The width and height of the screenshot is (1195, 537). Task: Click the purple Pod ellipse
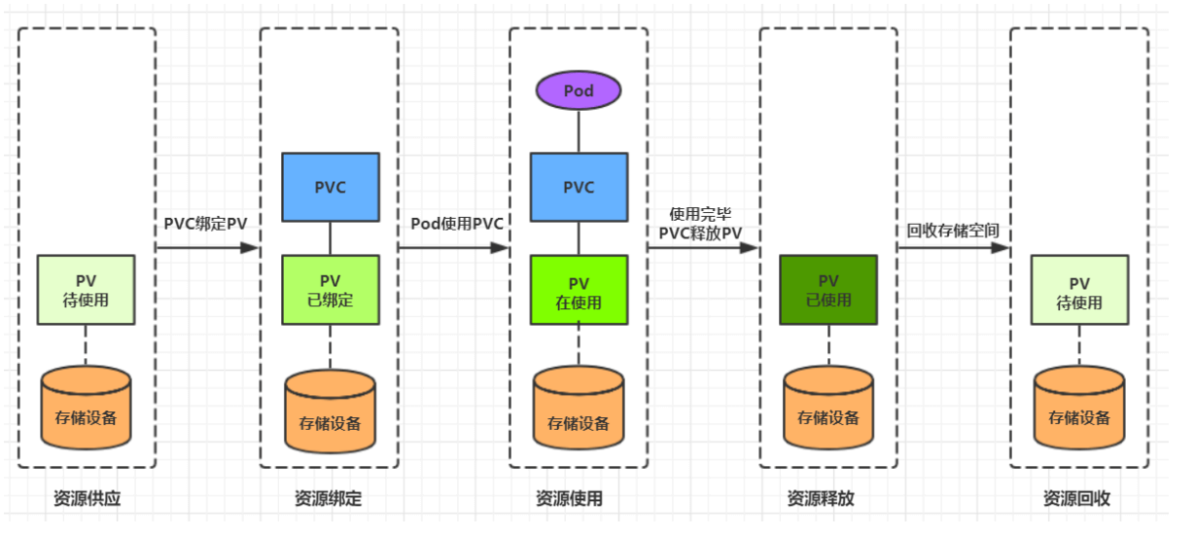click(578, 90)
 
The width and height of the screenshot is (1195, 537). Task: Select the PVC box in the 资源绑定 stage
click(330, 187)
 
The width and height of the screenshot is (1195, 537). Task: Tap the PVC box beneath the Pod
click(578, 187)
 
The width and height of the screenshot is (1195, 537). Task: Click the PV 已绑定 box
click(330, 290)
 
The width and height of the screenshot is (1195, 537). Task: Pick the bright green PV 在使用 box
click(578, 290)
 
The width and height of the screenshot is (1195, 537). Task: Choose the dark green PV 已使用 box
click(828, 290)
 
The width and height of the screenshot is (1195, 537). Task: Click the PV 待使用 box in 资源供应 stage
click(87, 290)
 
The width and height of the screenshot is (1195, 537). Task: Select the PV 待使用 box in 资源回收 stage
click(1079, 290)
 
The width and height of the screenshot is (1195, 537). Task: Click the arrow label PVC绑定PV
click(205, 223)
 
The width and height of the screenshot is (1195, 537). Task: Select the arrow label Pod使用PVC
click(457, 223)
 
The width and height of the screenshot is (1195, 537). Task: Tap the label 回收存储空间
click(953, 232)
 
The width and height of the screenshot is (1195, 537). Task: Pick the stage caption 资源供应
click(88, 499)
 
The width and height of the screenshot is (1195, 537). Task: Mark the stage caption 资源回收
click(1076, 499)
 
